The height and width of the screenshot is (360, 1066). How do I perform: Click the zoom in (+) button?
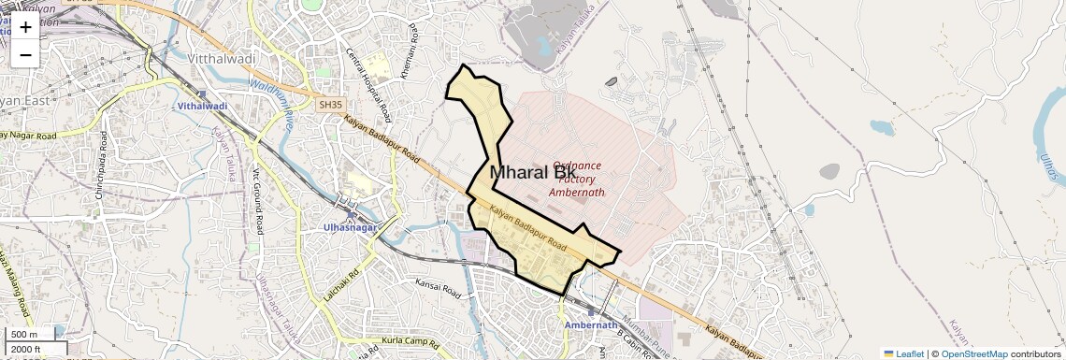(x=25, y=27)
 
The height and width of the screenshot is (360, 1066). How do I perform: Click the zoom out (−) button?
(x=25, y=55)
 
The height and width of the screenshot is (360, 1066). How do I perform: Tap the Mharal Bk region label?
(x=532, y=172)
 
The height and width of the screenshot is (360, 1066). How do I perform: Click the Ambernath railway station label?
(x=591, y=325)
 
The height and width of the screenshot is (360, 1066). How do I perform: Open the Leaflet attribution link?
(x=904, y=353)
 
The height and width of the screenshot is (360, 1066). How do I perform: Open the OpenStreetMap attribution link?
(x=974, y=353)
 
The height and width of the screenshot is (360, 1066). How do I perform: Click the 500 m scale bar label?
(x=24, y=335)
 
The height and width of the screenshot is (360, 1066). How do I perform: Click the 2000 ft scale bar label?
(x=26, y=350)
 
